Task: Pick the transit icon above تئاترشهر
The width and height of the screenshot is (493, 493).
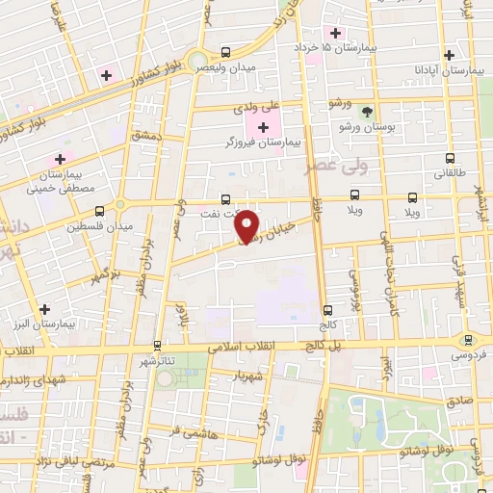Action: point(157,344)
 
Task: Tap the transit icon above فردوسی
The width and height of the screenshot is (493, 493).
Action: point(469,339)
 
